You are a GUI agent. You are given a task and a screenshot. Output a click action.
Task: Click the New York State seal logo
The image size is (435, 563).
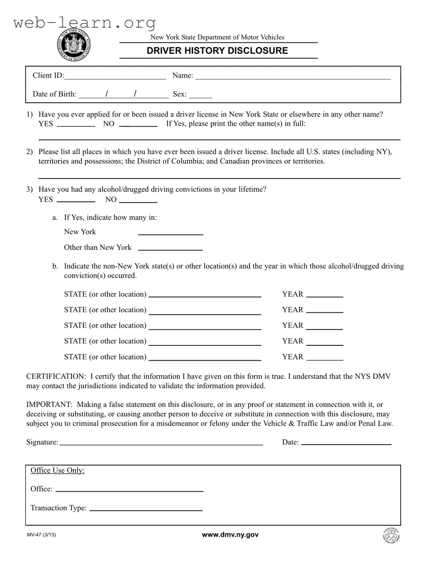tap(74, 45)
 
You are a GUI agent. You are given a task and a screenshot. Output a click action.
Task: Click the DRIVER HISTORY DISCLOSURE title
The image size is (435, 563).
tap(217, 51)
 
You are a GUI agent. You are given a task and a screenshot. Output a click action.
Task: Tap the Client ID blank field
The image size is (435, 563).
tap(115, 76)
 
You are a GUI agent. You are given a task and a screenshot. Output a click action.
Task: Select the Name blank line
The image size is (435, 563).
tap(293, 76)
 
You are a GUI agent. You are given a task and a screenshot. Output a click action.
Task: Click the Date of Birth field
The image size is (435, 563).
tap(123, 94)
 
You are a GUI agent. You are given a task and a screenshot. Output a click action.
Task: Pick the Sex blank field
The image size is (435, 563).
tap(200, 94)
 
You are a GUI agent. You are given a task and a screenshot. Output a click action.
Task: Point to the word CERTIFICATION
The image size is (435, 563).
tap(56, 376)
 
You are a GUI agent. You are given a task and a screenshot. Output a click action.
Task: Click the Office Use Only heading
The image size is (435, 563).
tap(57, 470)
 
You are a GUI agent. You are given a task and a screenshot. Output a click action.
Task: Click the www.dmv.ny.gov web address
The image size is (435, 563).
tap(230, 535)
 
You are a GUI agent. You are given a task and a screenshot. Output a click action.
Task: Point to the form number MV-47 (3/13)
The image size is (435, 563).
tap(41, 535)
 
